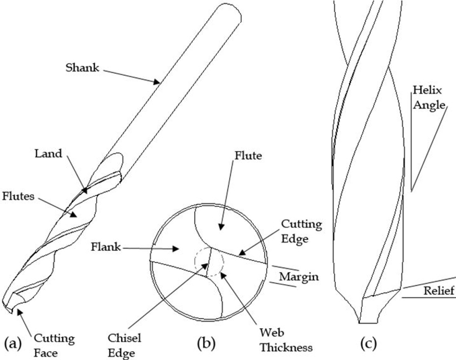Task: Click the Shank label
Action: click(x=82, y=68)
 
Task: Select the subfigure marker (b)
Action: click(x=207, y=343)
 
